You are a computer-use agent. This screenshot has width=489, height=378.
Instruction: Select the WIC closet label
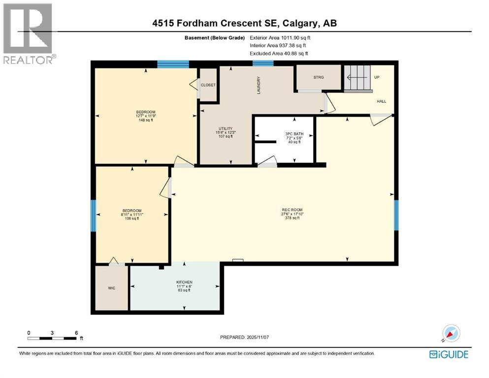[112, 288]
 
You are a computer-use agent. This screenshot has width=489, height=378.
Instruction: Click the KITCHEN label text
[185, 282]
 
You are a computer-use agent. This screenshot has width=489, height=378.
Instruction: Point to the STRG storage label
[318, 77]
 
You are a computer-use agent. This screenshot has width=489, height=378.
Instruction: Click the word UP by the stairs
[377, 77]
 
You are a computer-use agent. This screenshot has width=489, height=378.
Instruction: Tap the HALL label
[382, 101]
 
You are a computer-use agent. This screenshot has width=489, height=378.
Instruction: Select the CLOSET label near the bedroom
[208, 85]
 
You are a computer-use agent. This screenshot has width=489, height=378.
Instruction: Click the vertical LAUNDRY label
[258, 85]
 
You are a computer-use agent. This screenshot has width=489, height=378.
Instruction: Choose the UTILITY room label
[225, 128]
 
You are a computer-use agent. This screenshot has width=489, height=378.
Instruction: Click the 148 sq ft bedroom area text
[145, 120]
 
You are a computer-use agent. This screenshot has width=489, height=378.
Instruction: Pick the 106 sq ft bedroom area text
[131, 219]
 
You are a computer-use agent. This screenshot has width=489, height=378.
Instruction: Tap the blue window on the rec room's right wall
[395, 214]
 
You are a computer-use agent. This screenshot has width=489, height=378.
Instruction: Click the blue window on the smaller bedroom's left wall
[93, 215]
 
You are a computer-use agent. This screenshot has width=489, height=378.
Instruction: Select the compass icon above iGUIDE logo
[449, 333]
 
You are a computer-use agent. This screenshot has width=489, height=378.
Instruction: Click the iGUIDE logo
[448, 354]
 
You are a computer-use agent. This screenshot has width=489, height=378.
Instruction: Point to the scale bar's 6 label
[76, 333]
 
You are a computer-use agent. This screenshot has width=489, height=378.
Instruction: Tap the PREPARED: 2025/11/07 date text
[244, 337]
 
